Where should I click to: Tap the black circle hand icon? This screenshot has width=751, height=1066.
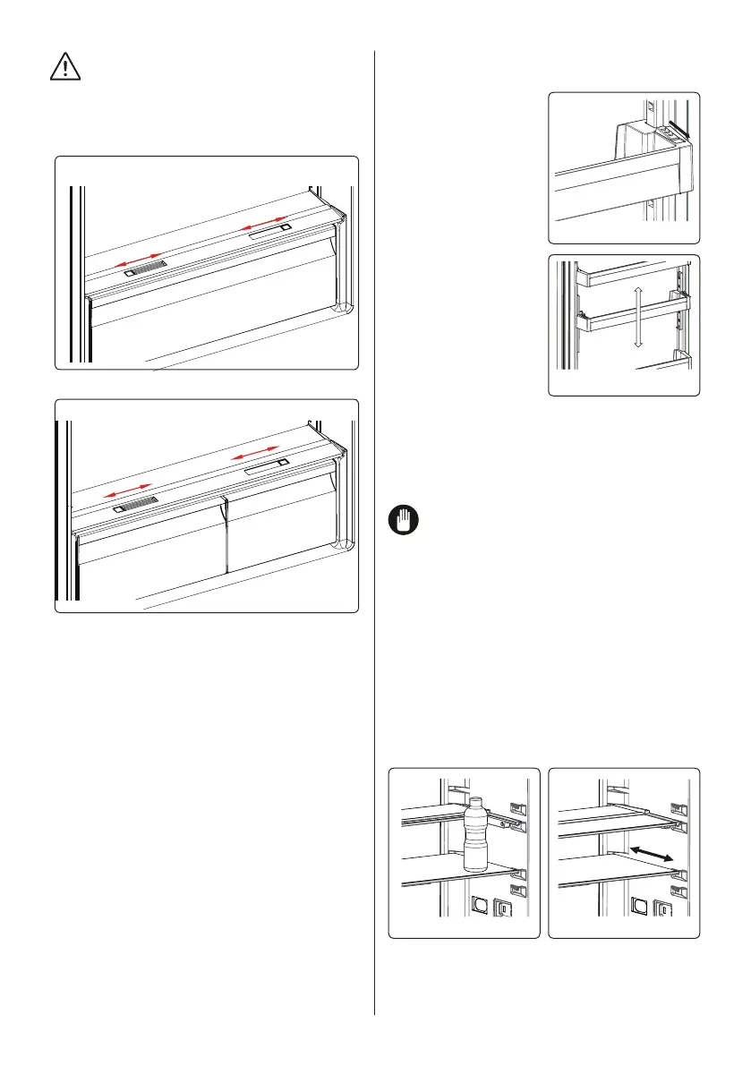(401, 520)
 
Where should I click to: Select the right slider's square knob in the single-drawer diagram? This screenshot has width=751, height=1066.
(284, 228)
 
